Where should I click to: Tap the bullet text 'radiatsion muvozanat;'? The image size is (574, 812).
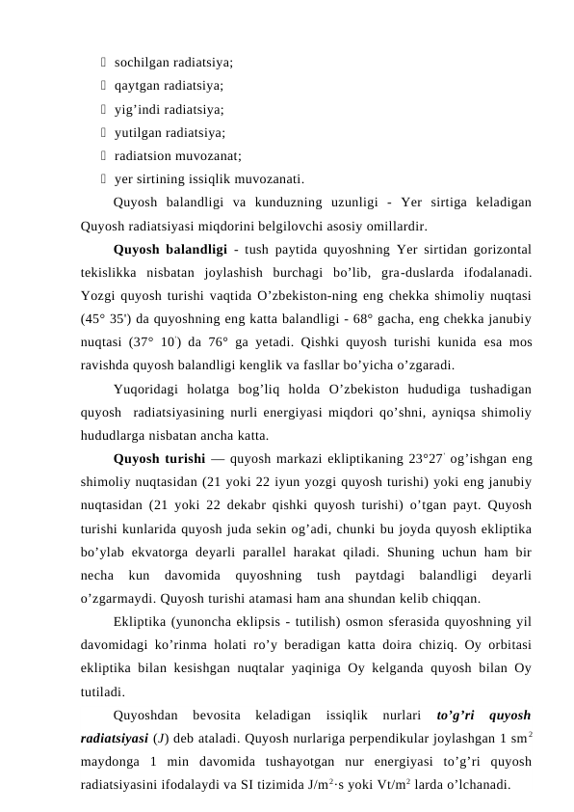click(177, 155)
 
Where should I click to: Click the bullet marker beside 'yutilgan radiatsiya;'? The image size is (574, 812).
click(102, 132)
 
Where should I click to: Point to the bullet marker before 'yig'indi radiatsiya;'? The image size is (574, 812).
click(102, 109)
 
